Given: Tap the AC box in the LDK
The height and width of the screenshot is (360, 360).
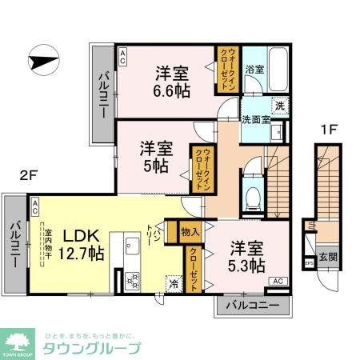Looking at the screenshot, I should coord(35,204).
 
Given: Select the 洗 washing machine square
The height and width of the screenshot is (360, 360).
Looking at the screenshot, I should coord(281,104).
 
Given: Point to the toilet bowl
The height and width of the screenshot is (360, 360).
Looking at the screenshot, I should coord(251,195).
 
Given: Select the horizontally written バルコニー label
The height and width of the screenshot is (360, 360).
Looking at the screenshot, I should coord(251,306).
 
